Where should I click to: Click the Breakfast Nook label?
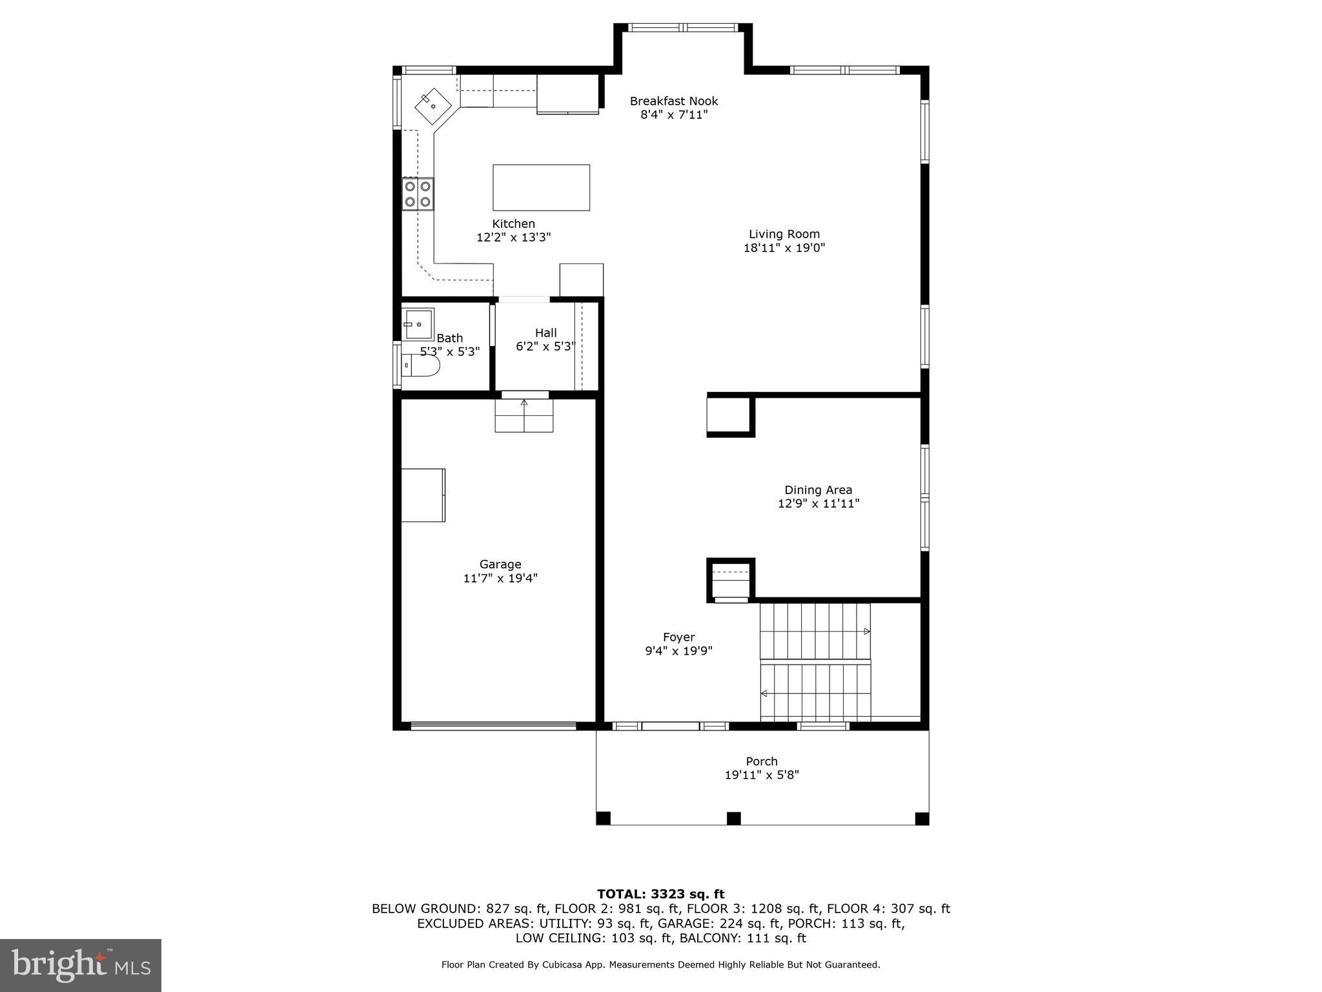pos(673,101)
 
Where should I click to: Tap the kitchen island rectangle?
pos(541,187)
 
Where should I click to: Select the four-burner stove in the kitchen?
pos(418,194)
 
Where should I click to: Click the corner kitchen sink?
pos(432,106)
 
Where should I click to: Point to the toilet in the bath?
pos(420,366)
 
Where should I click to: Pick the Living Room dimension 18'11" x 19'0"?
pos(784,248)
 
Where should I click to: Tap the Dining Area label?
pos(818,490)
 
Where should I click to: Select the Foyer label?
pos(678,637)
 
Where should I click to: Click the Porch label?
pos(762,761)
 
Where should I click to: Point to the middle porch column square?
pos(733,818)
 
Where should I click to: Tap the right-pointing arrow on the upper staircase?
pos(867,631)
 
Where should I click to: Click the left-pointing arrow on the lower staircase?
pos(764,694)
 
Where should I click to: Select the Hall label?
pos(545,333)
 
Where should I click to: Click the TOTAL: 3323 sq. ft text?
pos(660,894)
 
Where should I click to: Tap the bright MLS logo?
pos(81,965)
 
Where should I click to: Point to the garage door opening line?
pos(493,725)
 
